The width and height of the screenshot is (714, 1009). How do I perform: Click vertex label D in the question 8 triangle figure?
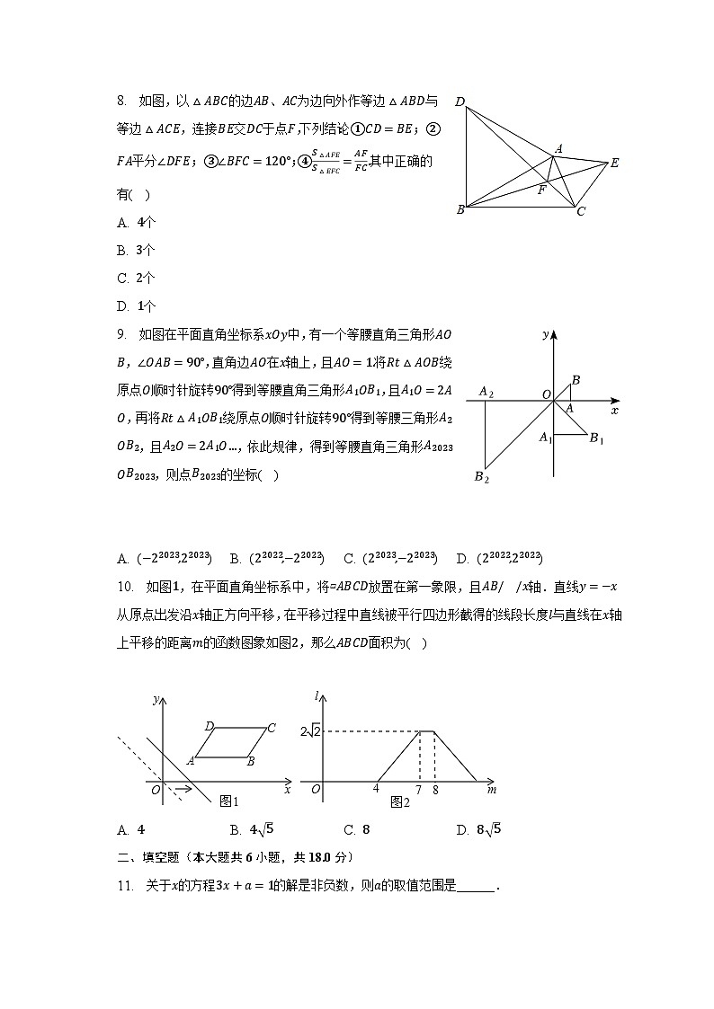pos(460,102)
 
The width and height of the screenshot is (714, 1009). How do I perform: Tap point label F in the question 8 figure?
pos(540,190)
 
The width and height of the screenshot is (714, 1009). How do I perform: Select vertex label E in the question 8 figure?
pos(615,163)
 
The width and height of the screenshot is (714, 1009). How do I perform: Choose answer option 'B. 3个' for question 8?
pos(136,250)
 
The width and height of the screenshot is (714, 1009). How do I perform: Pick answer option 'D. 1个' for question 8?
pos(136,305)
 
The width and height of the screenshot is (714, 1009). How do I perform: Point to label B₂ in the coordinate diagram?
pos(481,477)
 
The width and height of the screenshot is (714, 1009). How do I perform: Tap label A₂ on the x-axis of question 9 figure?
pos(486,392)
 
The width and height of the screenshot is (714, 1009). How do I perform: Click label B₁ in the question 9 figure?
pos(596,438)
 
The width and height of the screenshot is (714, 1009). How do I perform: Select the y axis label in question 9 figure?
pos(546,334)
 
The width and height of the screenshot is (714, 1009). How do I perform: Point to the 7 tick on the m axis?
pos(419,790)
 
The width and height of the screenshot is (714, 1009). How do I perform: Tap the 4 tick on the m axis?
pos(376,790)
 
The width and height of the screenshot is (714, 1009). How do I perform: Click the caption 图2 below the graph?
pos(400,801)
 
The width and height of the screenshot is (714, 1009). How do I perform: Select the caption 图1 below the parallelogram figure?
pos(229,801)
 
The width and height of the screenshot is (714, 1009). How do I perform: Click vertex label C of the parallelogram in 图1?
pos(271,727)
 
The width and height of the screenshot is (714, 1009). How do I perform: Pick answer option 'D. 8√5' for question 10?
pos(477,829)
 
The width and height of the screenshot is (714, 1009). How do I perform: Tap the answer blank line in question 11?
pos(476,887)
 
